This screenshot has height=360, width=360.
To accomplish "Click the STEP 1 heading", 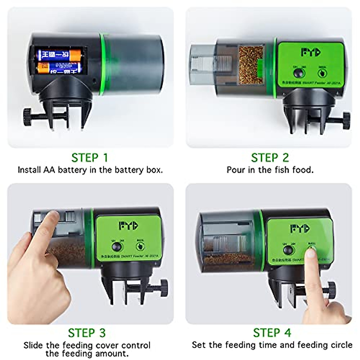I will [89, 158].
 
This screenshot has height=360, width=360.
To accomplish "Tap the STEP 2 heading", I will [270, 158].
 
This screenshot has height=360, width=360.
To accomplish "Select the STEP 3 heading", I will [87, 333].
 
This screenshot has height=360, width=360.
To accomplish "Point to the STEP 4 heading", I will [272, 333].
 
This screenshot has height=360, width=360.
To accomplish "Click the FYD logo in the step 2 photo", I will [310, 52].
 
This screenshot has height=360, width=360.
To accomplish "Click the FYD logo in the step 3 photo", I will [128, 226].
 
